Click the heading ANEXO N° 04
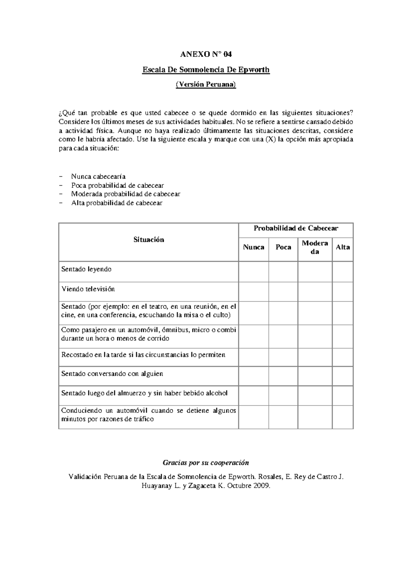(206, 54)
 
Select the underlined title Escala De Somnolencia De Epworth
(206, 70)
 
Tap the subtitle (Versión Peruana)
(206, 85)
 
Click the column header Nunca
(253, 247)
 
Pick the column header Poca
(283, 247)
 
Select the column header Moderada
(315, 247)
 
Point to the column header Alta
(343, 247)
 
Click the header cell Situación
(149, 240)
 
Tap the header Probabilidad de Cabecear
(296, 229)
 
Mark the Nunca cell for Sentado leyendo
(253, 271)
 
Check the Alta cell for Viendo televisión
(343, 291)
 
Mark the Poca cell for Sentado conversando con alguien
(283, 376)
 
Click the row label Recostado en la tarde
(143, 355)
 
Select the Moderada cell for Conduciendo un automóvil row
(315, 417)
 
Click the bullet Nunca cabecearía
(98, 176)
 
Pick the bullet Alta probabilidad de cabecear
(116, 203)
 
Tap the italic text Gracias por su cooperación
(206, 463)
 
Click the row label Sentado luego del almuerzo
(144, 393)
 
